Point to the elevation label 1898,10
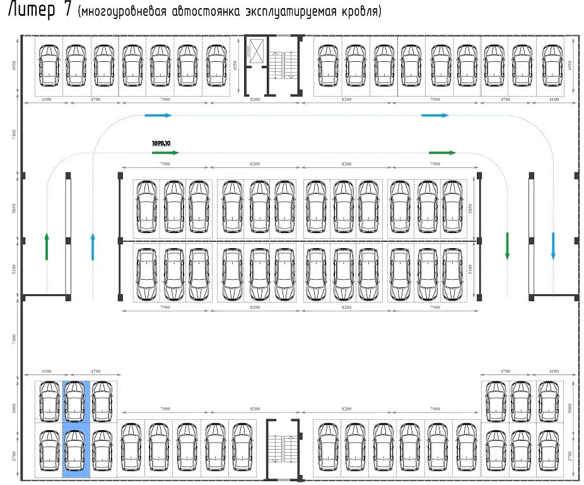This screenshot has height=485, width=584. pyautogui.click(x=161, y=143)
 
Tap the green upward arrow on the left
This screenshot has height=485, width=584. pyautogui.click(x=47, y=246)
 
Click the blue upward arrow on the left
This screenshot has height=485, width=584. pyautogui.click(x=93, y=246)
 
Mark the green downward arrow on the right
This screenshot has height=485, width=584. pyautogui.click(x=507, y=246)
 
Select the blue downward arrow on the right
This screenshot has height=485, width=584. pyautogui.click(x=553, y=246)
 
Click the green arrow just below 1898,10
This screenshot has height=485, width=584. pyautogui.click(x=165, y=153)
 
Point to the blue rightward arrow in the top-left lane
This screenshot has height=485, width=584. pyautogui.click(x=158, y=116)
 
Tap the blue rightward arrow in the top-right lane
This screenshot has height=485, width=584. pyautogui.click(x=435, y=116)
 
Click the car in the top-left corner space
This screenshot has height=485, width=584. pyautogui.click(x=48, y=65)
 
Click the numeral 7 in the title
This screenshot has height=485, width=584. pyautogui.click(x=66, y=11)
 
